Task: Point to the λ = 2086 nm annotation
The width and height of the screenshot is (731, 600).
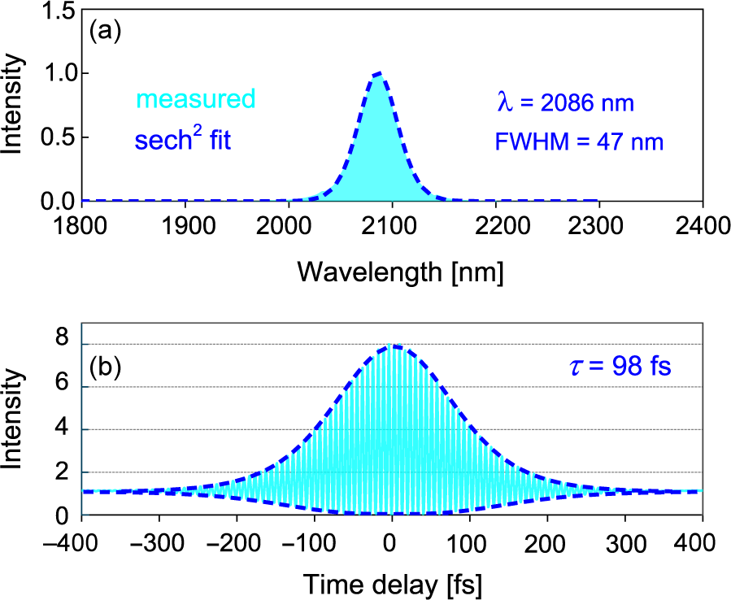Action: point(565,102)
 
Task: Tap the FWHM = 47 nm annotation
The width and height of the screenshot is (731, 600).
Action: point(579,143)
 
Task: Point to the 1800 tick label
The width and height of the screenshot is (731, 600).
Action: point(83,226)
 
